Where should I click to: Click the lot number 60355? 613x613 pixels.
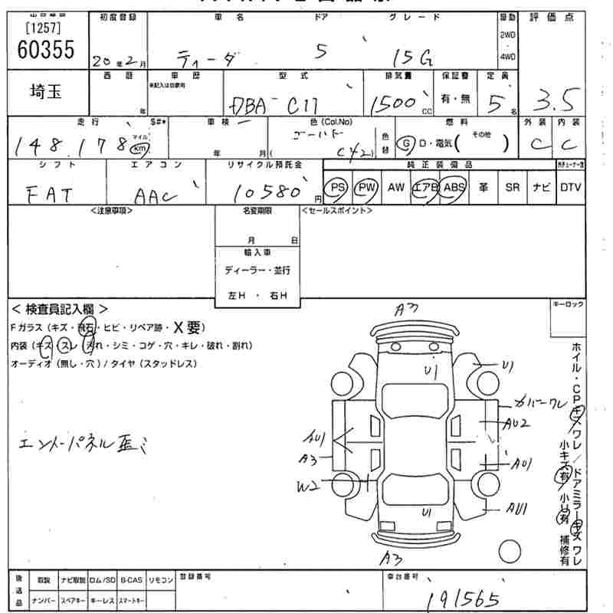45,50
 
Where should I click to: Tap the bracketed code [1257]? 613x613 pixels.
43,28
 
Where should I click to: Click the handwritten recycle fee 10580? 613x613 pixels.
270,191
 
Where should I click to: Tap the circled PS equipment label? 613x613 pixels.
336,187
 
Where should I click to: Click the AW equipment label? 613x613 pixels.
396,187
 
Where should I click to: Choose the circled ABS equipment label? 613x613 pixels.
454,187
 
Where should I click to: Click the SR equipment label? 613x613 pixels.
512,187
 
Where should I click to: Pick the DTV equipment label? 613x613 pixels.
569,187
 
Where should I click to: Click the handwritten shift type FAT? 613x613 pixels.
50,195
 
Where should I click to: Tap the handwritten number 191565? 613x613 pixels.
463,598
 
